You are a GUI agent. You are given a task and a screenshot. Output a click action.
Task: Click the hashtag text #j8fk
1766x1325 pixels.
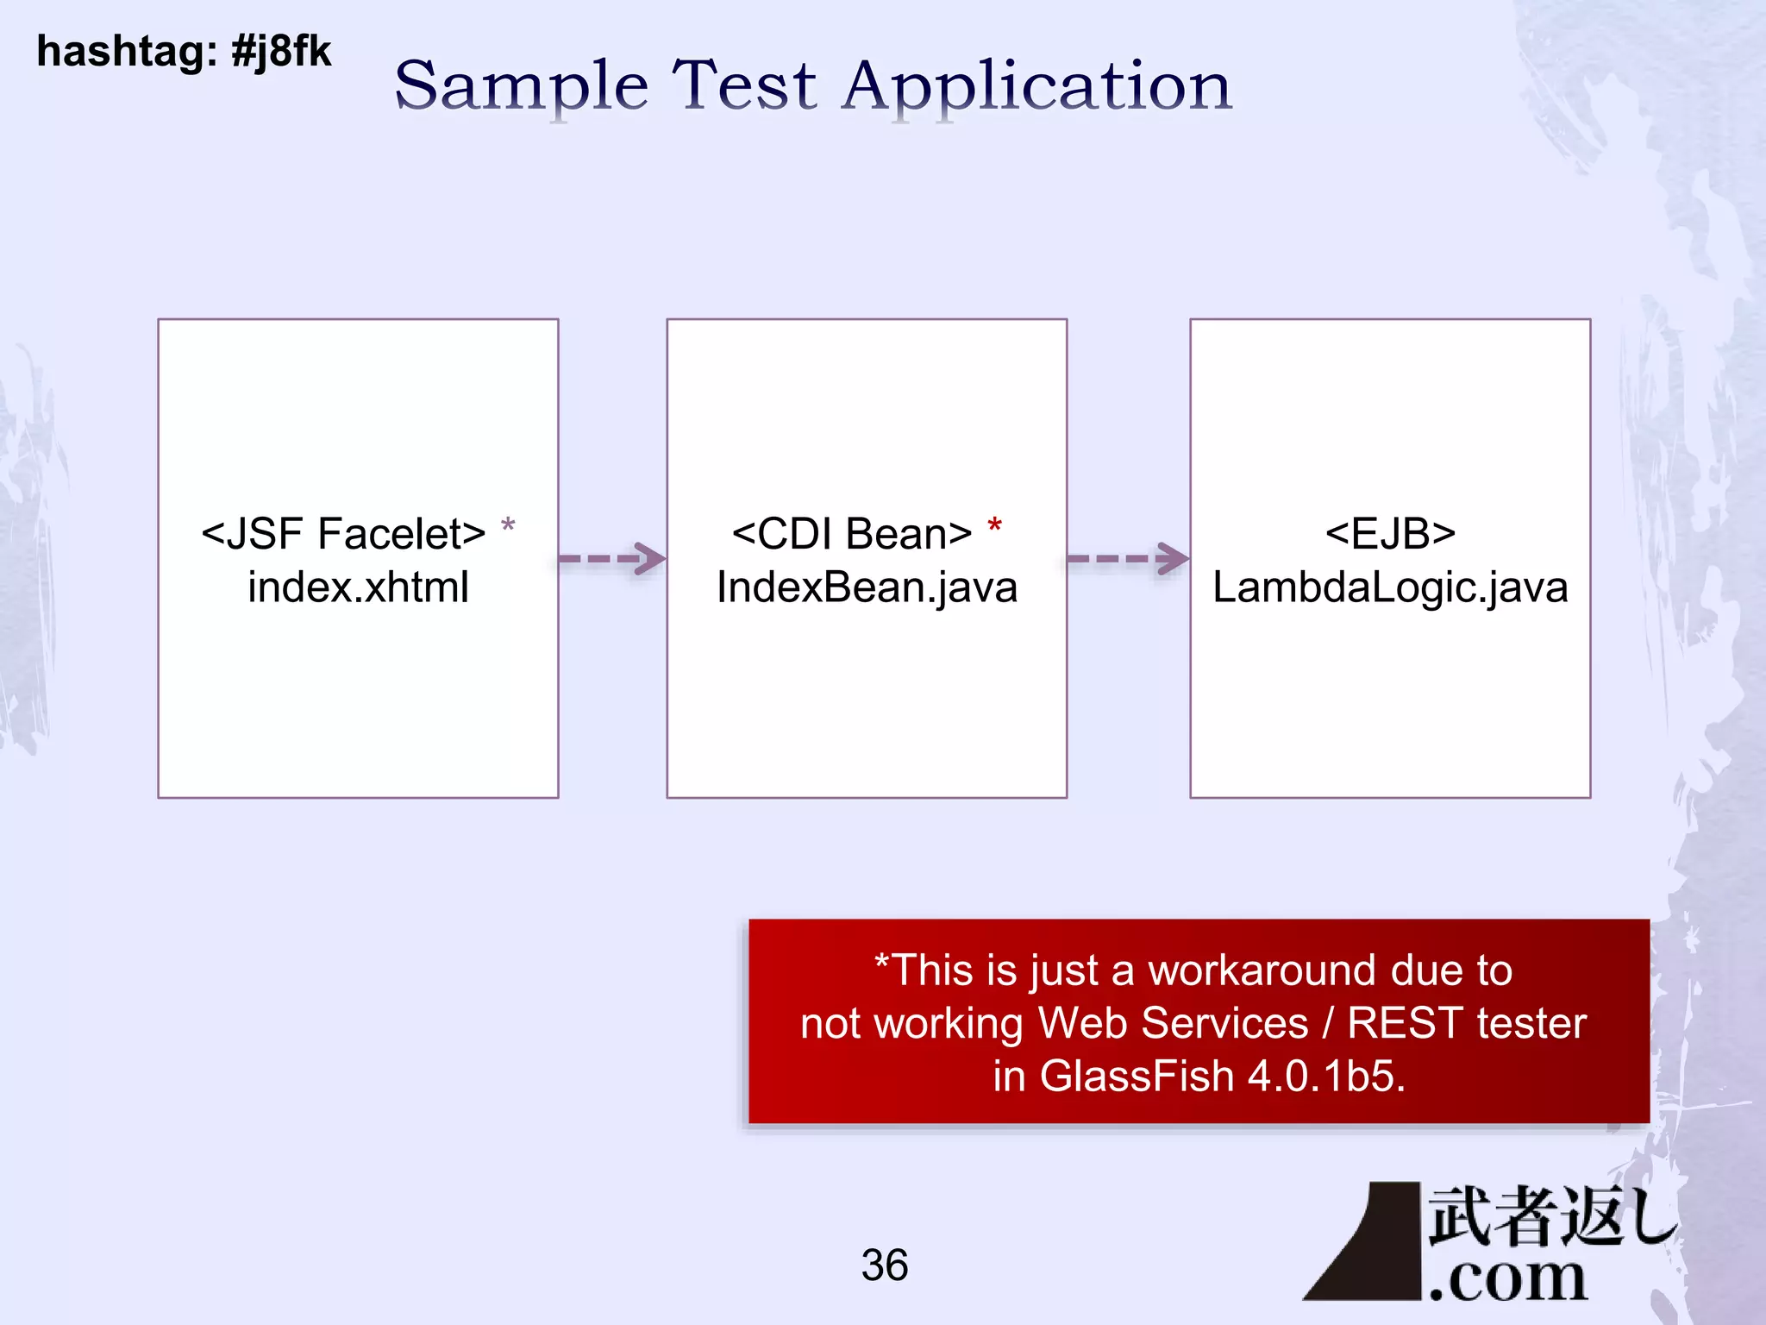(281, 52)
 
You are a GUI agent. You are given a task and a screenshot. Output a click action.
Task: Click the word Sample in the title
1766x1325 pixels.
(521, 86)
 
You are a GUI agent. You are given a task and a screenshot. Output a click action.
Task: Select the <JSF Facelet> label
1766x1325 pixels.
(343, 534)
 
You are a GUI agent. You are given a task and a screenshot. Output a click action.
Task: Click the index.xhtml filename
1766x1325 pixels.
(358, 587)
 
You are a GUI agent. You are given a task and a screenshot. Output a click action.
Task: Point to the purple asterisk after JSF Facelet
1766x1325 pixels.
(508, 525)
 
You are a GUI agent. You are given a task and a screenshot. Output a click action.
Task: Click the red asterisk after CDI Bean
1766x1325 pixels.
(994, 525)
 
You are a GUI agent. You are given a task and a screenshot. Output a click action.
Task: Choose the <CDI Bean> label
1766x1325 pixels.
(851, 534)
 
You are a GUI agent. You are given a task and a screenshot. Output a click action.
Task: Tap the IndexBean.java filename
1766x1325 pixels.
(867, 587)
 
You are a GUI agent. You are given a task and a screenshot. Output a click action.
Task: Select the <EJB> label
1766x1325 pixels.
(1390, 534)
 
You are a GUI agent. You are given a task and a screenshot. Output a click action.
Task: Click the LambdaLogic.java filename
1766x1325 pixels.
(1390, 587)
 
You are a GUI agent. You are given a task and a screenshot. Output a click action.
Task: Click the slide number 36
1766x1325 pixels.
(884, 1265)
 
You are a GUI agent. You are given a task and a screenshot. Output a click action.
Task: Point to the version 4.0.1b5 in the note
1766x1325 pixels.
(1325, 1077)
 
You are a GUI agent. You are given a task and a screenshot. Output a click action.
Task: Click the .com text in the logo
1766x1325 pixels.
(1507, 1278)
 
